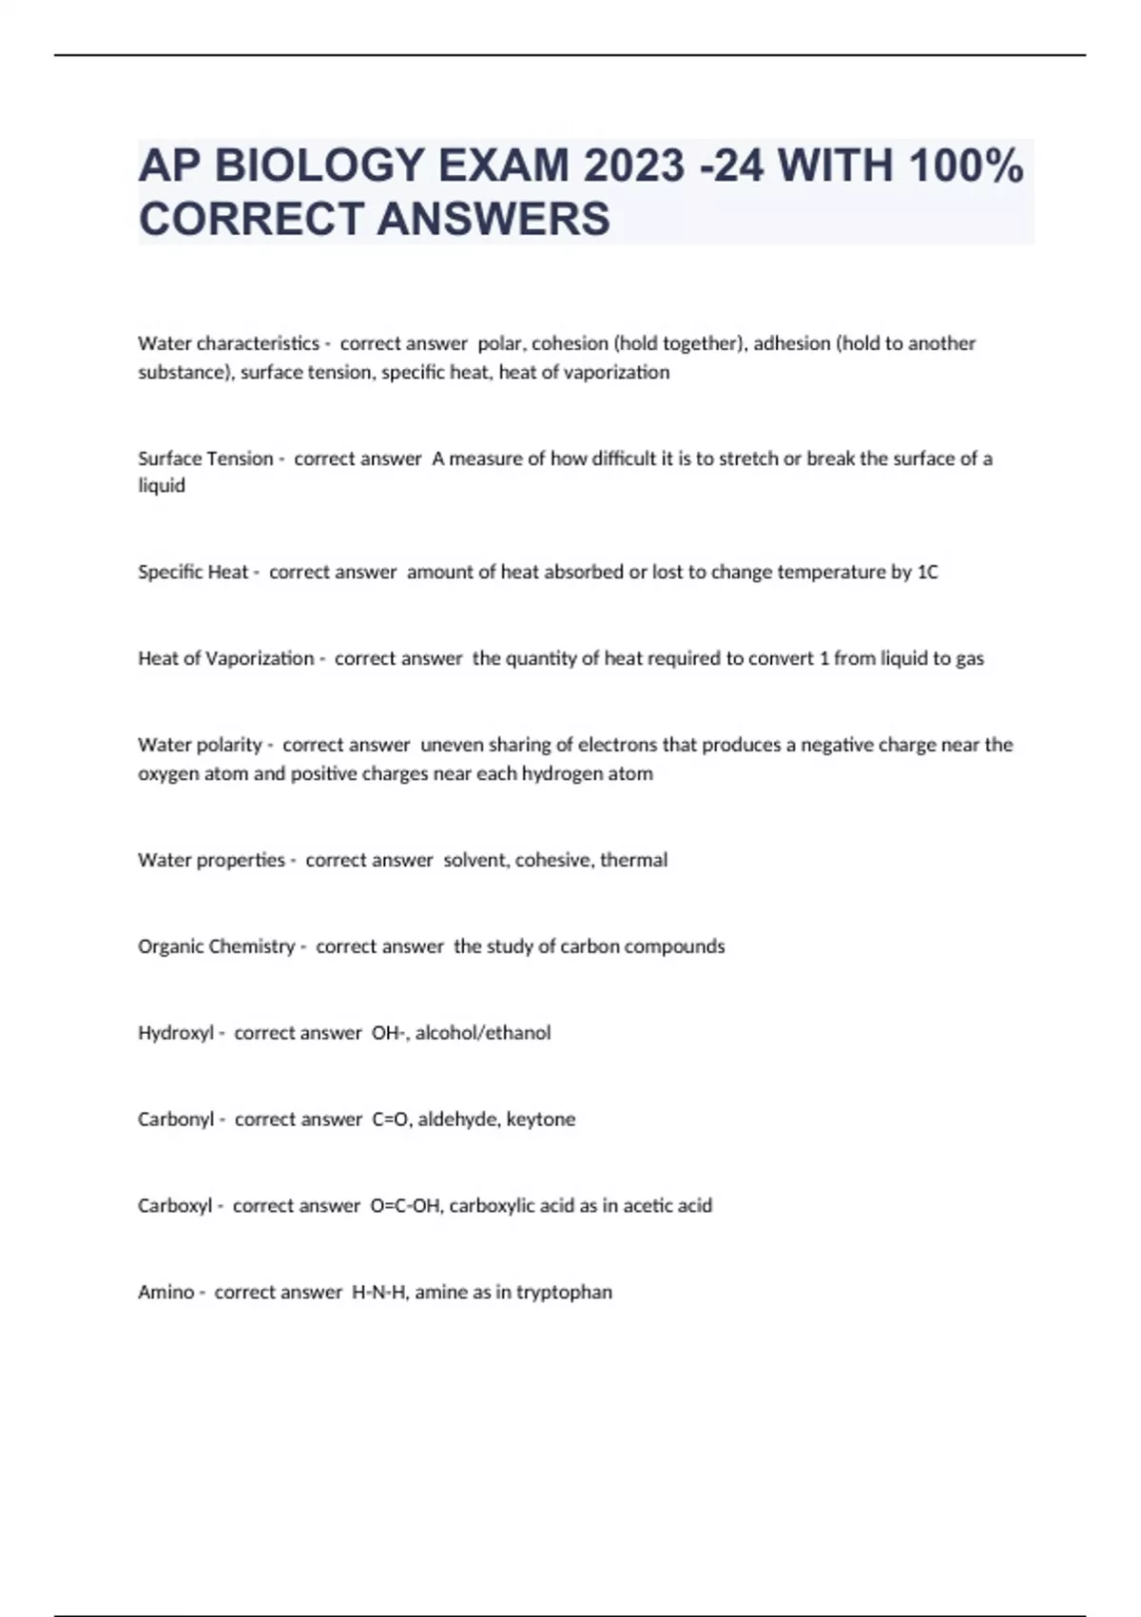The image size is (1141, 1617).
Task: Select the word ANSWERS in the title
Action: click(x=493, y=219)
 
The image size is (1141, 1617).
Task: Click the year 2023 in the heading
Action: click(x=634, y=166)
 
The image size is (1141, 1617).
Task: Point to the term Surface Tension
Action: click(x=205, y=458)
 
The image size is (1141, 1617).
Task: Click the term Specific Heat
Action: click(x=193, y=572)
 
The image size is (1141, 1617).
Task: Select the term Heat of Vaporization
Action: click(x=225, y=658)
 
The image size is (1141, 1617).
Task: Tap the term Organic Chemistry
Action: click(x=217, y=946)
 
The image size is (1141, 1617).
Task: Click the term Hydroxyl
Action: click(x=176, y=1033)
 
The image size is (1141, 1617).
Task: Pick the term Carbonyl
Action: click(x=176, y=1120)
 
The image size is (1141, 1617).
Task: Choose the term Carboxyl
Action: click(x=175, y=1206)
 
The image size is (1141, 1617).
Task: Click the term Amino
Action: click(x=166, y=1292)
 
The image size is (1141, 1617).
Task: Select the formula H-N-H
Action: click(x=378, y=1292)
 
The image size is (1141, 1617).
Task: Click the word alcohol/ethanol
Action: click(x=483, y=1033)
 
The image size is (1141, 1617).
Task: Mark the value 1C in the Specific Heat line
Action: click(x=927, y=572)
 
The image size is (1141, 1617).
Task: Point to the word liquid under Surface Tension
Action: click(x=162, y=486)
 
